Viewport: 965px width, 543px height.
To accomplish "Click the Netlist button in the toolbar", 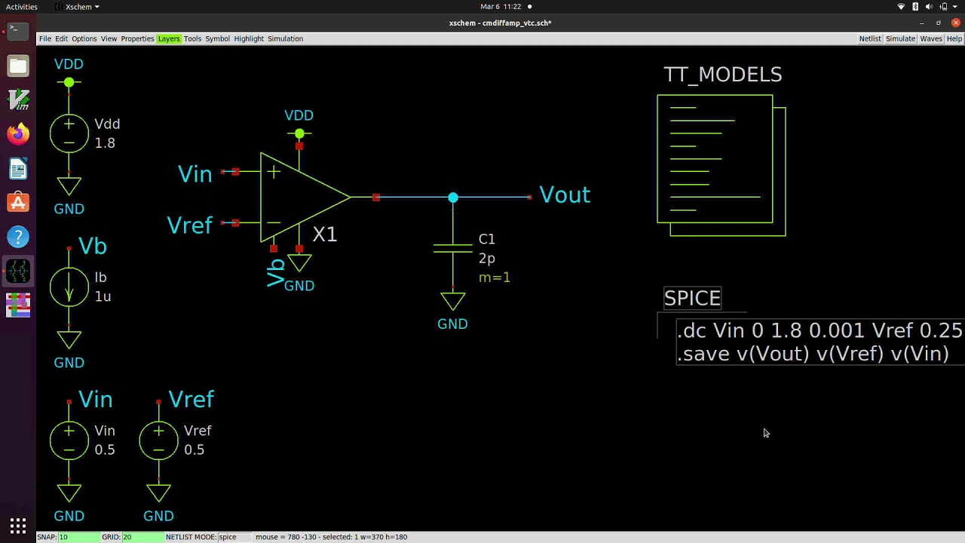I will (x=870, y=38).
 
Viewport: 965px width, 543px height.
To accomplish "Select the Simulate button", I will (x=900, y=38).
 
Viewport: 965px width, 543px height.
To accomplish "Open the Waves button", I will (x=931, y=38).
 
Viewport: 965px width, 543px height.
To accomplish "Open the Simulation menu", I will (x=285, y=38).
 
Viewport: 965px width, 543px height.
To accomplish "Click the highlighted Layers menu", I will (x=168, y=38).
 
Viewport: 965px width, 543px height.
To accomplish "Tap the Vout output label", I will (x=565, y=195).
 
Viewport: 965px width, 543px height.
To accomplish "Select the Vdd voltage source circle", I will (x=69, y=133).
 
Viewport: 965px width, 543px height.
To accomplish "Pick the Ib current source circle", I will (x=69, y=287).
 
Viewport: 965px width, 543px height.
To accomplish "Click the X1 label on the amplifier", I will (x=324, y=235).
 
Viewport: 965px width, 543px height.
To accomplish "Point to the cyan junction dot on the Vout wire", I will (x=452, y=198).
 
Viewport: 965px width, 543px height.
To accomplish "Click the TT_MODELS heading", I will (x=722, y=75).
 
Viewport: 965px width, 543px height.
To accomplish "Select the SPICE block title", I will (x=692, y=298).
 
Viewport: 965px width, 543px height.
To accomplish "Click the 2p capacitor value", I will (x=487, y=258).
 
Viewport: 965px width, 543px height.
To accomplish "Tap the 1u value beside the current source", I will (x=103, y=296).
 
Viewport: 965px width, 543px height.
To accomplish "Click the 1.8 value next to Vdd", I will (x=105, y=143).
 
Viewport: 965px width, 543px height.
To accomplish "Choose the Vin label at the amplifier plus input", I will (x=195, y=174).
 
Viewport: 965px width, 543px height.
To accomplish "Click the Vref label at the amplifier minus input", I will (x=189, y=225).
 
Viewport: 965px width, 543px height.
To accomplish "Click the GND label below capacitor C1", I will (x=452, y=324).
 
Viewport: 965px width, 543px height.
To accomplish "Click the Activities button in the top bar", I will (x=21, y=7).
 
